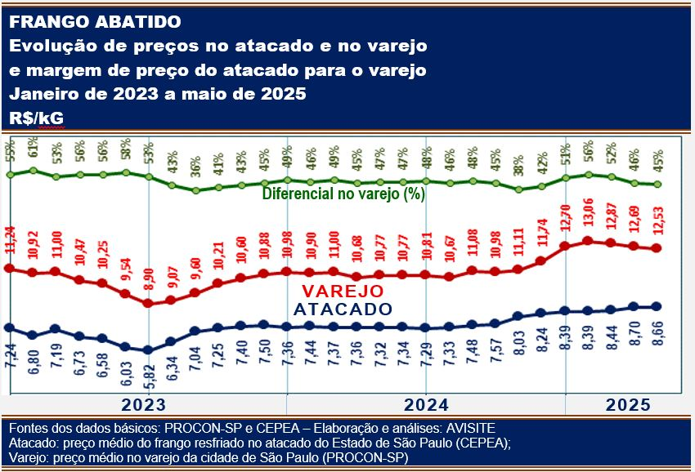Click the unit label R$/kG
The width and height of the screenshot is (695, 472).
tap(37, 118)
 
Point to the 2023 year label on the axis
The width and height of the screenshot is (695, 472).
tap(144, 405)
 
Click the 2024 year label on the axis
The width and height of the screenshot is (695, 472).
tap(425, 405)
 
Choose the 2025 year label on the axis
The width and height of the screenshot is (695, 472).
tap(627, 405)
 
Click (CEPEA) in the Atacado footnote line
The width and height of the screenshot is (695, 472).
tap(480, 443)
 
